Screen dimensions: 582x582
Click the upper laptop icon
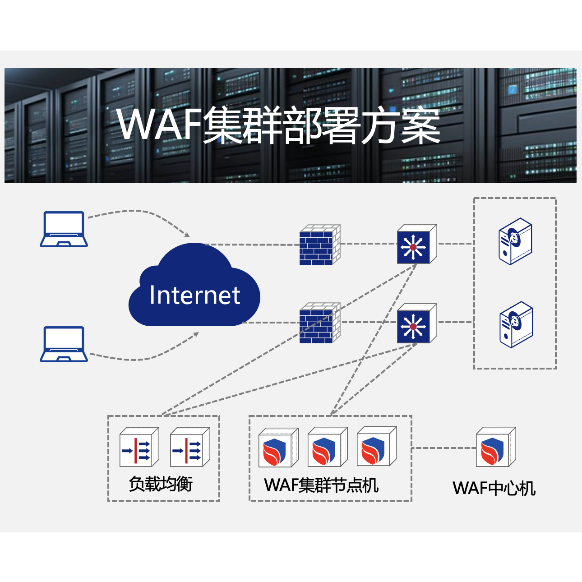coord(64,229)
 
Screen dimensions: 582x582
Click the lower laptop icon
coord(64,344)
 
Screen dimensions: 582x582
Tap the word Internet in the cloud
coord(194,296)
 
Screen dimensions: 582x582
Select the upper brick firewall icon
coord(319,245)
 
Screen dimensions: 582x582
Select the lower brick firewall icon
coord(319,323)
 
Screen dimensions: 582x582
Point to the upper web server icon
coord(515,241)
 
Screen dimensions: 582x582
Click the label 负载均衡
coord(161,484)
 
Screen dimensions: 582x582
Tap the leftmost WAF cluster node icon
coord(277,448)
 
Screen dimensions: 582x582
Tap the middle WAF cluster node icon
coord(327,448)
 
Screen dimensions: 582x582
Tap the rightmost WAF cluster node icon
coord(376,448)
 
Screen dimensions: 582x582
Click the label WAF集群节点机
coord(321,485)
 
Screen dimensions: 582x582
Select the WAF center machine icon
coord(495,448)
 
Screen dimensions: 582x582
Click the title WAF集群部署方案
coord(278,126)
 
